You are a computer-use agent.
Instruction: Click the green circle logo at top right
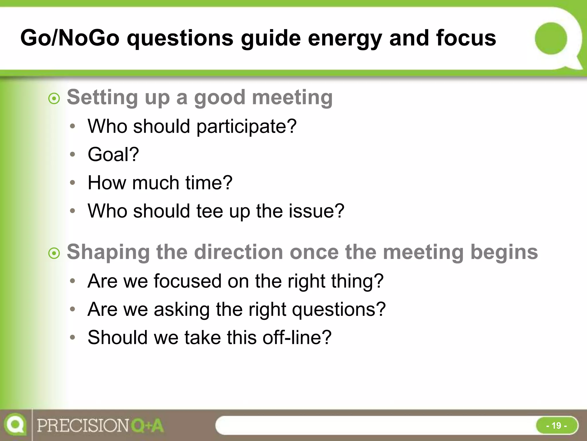tap(551, 38)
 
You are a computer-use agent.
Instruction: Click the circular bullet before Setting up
tap(54, 99)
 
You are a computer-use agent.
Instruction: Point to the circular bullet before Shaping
tap(54, 254)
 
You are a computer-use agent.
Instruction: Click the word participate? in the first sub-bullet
tap(246, 127)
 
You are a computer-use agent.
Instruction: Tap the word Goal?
tap(113, 154)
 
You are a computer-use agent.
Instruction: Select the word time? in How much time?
tap(209, 183)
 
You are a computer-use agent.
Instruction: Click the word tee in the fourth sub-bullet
tap(210, 211)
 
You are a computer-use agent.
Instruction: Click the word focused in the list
tap(187, 281)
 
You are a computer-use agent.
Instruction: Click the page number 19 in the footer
tap(556, 425)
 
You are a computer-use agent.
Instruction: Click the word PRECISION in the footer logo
tap(83, 426)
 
